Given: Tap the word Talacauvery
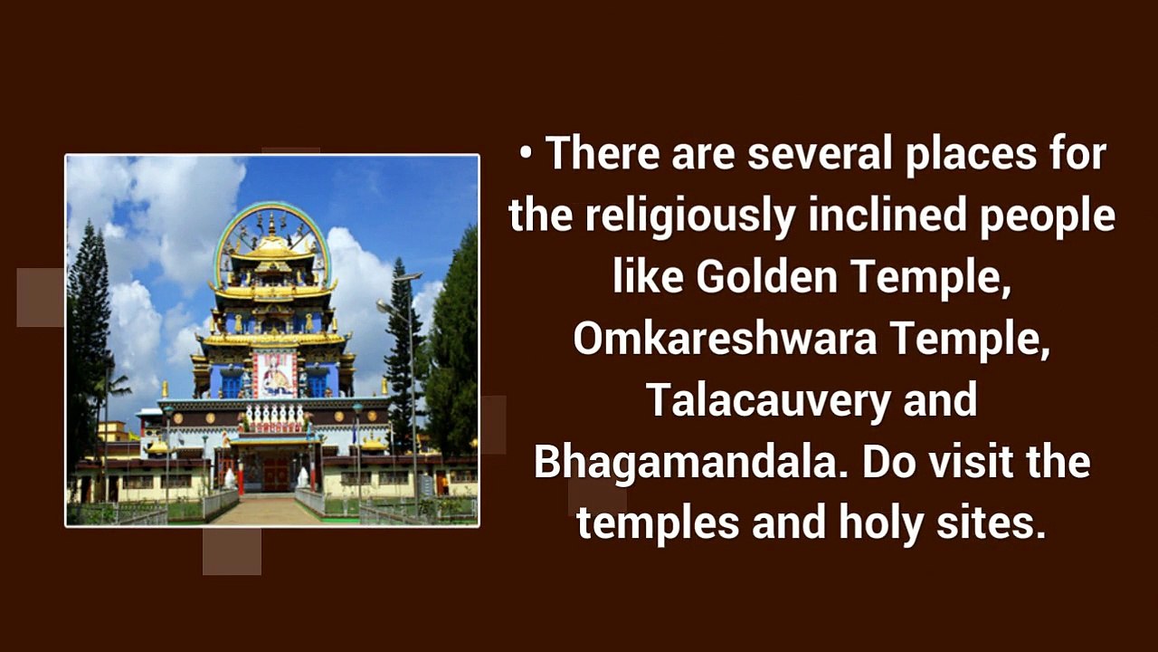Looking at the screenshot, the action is (769, 400).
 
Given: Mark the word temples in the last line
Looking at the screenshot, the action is (658, 525).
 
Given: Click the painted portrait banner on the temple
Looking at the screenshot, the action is (274, 374).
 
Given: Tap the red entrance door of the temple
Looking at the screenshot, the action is (276, 474).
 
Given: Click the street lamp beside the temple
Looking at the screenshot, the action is (408, 383).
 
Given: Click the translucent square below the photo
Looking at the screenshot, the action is (232, 551).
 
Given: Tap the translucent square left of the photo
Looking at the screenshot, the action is (41, 297).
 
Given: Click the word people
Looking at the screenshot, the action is (1048, 216).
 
